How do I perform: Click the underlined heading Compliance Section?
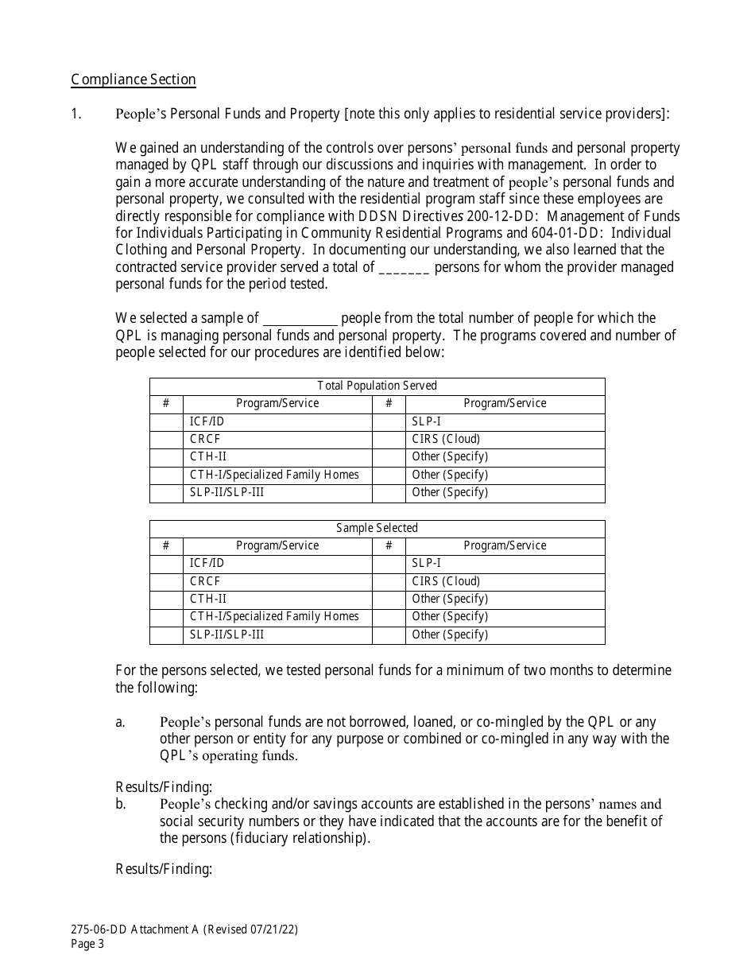click(x=133, y=80)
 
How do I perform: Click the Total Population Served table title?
click(x=377, y=386)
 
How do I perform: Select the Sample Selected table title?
click(x=377, y=528)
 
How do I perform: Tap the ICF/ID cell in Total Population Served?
click(x=207, y=421)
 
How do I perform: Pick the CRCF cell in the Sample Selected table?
click(x=205, y=581)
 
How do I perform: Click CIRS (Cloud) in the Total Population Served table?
click(x=446, y=439)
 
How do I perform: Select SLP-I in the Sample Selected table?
click(x=426, y=563)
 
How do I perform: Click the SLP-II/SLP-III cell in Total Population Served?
click(x=227, y=492)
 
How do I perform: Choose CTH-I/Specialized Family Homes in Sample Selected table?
click(x=274, y=616)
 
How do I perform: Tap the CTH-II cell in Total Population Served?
click(x=208, y=456)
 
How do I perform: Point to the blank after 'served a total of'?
click(x=405, y=268)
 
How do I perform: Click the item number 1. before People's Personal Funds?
click(x=76, y=114)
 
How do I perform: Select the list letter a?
click(x=121, y=722)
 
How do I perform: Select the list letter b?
click(x=121, y=804)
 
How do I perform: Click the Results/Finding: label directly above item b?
click(x=164, y=787)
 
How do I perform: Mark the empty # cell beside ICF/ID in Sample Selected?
click(x=166, y=563)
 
